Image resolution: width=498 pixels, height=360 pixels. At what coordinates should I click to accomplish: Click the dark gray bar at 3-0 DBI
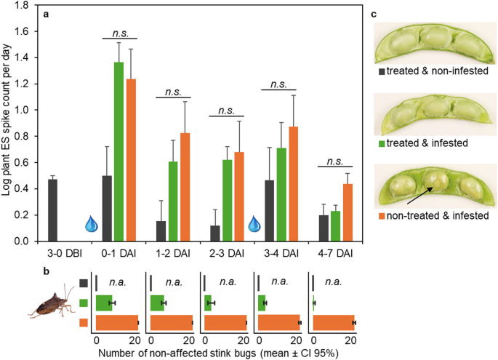pyautogui.click(x=52, y=210)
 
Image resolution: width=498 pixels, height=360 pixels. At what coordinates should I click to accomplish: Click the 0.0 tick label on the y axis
pyautogui.click(x=25, y=241)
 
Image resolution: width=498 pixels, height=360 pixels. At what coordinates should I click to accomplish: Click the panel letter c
pyautogui.click(x=374, y=12)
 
